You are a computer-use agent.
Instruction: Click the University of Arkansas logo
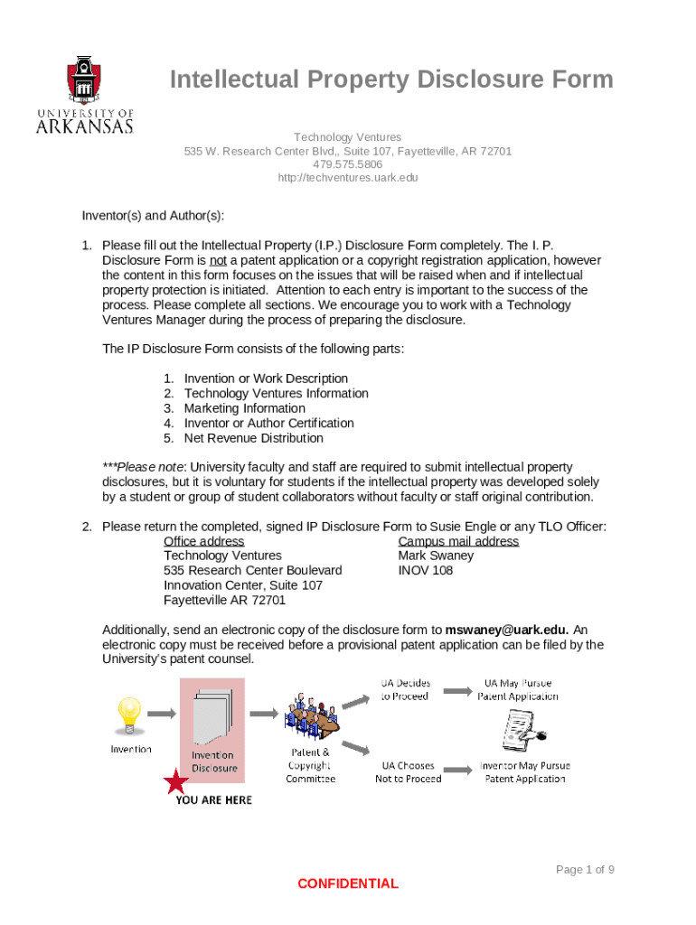(85, 95)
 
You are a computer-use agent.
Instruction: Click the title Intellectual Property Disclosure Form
(391, 80)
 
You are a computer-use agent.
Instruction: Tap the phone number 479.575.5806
(348, 164)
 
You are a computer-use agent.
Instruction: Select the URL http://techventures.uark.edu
(348, 178)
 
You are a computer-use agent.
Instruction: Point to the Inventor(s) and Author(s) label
(153, 216)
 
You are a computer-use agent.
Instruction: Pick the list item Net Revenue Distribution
(253, 438)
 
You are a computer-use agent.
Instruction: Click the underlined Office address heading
(203, 541)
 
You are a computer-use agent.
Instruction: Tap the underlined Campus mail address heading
(458, 541)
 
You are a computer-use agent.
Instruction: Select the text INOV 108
(426, 571)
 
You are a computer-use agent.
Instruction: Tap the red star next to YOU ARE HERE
(175, 782)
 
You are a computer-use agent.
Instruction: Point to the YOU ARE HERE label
(214, 800)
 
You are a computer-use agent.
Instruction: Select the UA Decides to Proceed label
(405, 689)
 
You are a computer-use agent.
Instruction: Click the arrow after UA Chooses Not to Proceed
(458, 771)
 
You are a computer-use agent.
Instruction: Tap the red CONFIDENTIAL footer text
(348, 883)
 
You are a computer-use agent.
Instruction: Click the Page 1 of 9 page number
(585, 869)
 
